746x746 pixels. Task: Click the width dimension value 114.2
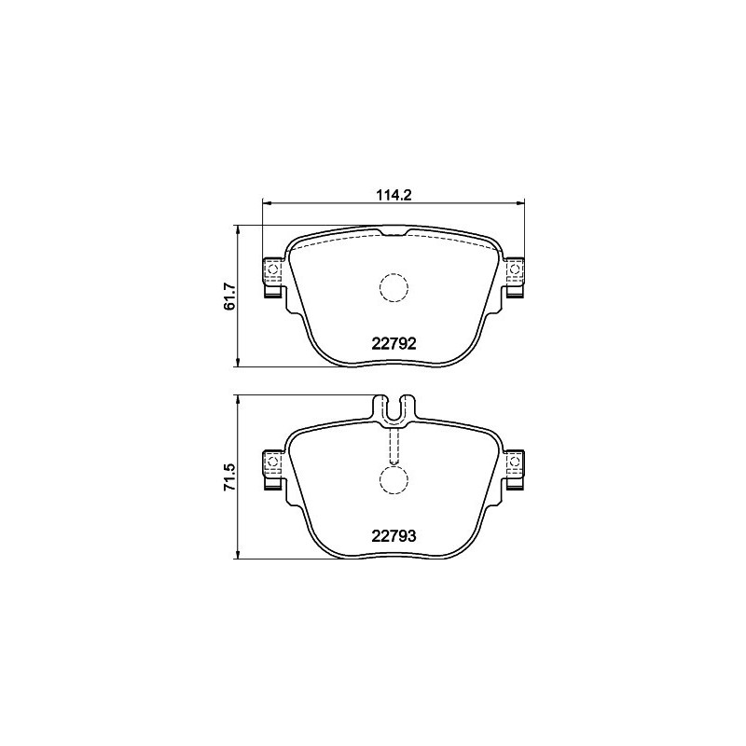(393, 194)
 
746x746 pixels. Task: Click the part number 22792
(393, 342)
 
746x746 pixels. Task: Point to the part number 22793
(393, 535)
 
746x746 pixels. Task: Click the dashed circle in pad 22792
(393, 287)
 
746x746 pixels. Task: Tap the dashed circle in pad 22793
(393, 479)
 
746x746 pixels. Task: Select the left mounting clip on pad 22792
(273, 275)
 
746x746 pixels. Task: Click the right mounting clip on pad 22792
(513, 275)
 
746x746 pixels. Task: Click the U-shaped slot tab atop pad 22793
(393, 407)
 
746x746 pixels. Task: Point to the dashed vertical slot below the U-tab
(393, 446)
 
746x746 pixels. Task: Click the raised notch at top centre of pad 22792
(393, 230)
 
